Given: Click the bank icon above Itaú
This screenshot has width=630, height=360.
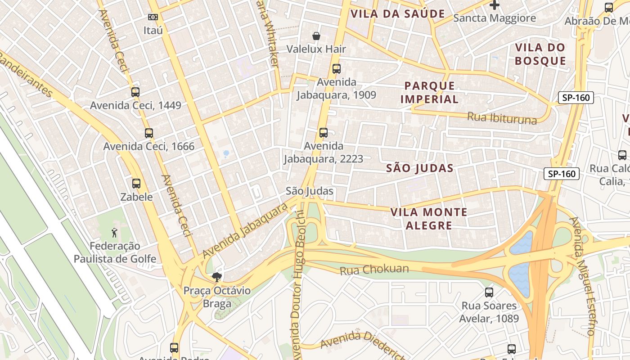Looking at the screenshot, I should coord(153,17).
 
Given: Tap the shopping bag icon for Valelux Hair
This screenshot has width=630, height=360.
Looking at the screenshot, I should coord(316,36).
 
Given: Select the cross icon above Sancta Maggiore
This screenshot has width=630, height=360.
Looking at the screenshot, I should coord(495,5).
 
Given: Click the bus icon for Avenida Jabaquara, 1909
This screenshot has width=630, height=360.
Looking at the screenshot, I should coord(336,69).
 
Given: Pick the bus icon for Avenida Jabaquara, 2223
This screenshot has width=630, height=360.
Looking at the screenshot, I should coord(323,133).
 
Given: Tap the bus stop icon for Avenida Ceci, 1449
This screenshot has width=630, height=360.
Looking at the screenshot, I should coord(135,92).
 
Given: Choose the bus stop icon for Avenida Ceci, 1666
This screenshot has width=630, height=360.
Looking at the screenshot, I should coord(148,133).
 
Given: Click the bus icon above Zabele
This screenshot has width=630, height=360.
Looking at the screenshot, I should coord(136,184).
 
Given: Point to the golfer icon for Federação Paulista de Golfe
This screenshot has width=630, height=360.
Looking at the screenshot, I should coord(115,233).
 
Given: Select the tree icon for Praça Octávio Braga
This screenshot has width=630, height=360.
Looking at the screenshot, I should coord(216,277).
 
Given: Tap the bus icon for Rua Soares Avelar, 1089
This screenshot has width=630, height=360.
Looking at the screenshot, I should coord(489,292).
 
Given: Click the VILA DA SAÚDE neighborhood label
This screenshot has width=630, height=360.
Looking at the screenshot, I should coord(397,14).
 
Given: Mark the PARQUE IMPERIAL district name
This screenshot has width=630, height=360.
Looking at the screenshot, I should coord(429,92).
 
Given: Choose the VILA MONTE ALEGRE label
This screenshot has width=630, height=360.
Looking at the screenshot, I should coord(428,218).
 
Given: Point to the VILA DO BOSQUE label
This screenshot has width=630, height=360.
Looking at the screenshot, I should coord(540,54).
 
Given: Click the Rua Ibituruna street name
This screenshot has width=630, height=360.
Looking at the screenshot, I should coord(502,118).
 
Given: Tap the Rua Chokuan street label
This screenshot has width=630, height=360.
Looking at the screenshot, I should coord(374,270).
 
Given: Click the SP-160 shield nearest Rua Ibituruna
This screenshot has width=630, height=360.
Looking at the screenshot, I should coord(576,98).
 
